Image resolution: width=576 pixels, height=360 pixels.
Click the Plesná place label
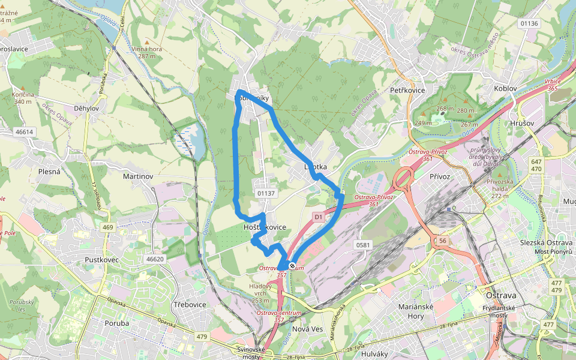[49, 172]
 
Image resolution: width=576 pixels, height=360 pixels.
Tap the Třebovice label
[190, 305]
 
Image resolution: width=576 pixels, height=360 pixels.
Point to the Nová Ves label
[308, 329]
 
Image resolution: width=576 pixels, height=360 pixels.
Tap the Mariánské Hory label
[412, 311]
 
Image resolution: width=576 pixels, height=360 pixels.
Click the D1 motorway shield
[319, 217]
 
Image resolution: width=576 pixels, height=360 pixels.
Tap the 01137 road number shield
[265, 193]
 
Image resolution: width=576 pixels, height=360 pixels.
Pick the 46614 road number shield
[25, 131]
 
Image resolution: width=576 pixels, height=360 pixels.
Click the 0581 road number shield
[364, 245]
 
